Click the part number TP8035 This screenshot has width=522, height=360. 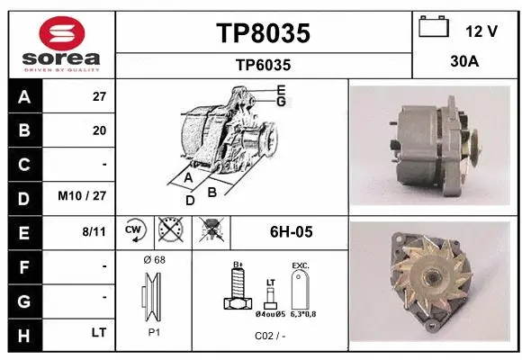[x=263, y=33]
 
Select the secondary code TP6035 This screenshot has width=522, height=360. [x=263, y=65]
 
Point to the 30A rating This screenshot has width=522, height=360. [x=465, y=63]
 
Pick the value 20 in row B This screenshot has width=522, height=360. [x=99, y=130]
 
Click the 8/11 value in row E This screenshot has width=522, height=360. [x=94, y=231]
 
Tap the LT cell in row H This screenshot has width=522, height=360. [x=98, y=333]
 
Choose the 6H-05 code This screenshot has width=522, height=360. [x=291, y=232]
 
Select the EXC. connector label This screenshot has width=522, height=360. [x=300, y=265]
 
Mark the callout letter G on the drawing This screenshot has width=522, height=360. [x=281, y=102]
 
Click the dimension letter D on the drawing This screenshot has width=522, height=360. [x=190, y=201]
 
